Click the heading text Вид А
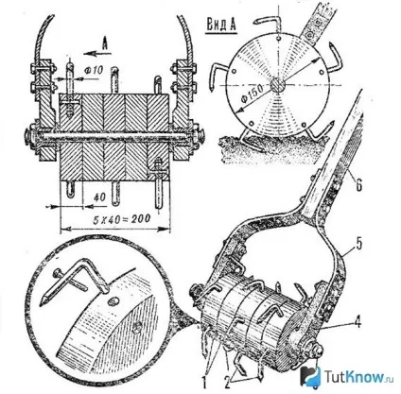point(221,25)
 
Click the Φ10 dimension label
point(95,70)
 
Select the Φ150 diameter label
point(253,94)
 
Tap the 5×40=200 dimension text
point(122,219)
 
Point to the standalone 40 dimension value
point(99,197)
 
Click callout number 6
point(358,185)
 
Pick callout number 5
point(358,245)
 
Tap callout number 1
point(204,383)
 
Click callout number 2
point(227,383)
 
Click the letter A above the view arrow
point(105,43)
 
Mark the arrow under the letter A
point(97,54)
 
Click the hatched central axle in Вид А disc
point(278,85)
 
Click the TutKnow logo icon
point(310,375)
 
